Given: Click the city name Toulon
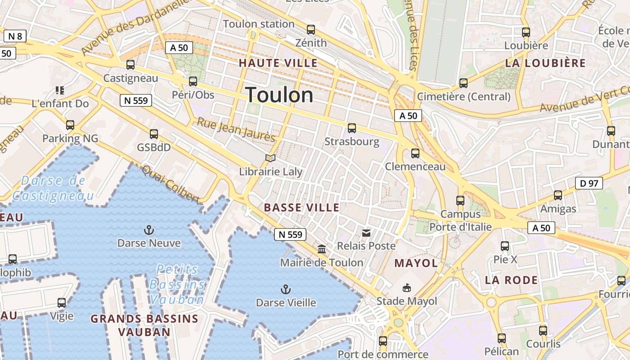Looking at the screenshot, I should pyautogui.click(x=279, y=95).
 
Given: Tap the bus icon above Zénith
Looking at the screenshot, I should pyautogui.click(x=310, y=30).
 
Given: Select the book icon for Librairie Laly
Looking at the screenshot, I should pyautogui.click(x=270, y=158).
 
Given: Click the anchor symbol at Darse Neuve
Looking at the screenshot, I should pyautogui.click(x=148, y=230).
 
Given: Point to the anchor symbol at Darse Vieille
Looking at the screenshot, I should pyautogui.click(x=285, y=289).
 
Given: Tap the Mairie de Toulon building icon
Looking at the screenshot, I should pyautogui.click(x=322, y=249).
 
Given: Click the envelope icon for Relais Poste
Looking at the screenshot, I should pyautogui.click(x=366, y=233).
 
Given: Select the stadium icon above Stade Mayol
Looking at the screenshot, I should pyautogui.click(x=407, y=288).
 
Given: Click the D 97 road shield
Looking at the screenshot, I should pyautogui.click(x=589, y=183).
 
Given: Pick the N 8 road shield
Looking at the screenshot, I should pyautogui.click(x=15, y=36).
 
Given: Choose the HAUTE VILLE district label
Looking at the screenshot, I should pyautogui.click(x=278, y=63).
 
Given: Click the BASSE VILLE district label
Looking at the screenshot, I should pyautogui.click(x=301, y=207).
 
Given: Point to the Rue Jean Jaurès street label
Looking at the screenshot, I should pyautogui.click(x=236, y=129).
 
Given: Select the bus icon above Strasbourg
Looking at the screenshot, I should pyautogui.click(x=351, y=128).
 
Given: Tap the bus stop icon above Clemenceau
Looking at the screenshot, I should pyautogui.click(x=415, y=153).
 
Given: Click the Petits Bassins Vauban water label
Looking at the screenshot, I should pyautogui.click(x=177, y=284).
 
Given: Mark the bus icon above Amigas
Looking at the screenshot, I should pyautogui.click(x=558, y=195).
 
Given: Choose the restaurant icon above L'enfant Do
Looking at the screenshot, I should pyautogui.click(x=60, y=90).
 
